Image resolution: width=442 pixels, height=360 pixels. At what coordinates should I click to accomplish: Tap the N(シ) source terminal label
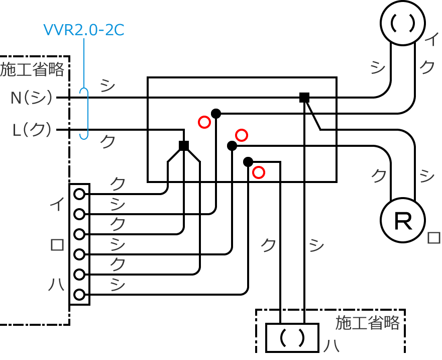point(31,98)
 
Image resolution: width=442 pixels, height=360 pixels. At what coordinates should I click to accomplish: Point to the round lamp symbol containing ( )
point(403,23)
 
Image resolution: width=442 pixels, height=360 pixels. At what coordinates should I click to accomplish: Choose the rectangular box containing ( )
point(292,338)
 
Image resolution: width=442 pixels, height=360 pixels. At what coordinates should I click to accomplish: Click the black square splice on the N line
point(304,98)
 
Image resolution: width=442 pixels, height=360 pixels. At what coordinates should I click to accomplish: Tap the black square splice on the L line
point(184,146)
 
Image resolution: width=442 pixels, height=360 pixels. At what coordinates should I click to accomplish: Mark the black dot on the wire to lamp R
point(232,146)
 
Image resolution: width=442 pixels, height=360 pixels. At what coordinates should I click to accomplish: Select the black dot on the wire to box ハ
point(248,162)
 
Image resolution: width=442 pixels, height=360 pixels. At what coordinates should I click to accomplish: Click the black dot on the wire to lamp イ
point(216,114)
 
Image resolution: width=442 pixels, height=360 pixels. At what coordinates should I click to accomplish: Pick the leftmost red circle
point(204,122)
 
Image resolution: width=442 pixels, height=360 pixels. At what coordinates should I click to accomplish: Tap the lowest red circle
point(258,172)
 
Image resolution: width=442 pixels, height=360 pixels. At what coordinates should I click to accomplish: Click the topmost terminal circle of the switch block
point(79,194)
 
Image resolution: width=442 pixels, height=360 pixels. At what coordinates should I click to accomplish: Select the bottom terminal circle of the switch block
point(79,295)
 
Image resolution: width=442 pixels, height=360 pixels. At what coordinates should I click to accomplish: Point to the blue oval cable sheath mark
point(84,114)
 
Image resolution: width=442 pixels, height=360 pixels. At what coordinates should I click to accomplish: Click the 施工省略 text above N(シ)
point(32,69)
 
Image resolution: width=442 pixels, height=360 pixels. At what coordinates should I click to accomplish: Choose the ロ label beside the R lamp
point(433,238)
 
